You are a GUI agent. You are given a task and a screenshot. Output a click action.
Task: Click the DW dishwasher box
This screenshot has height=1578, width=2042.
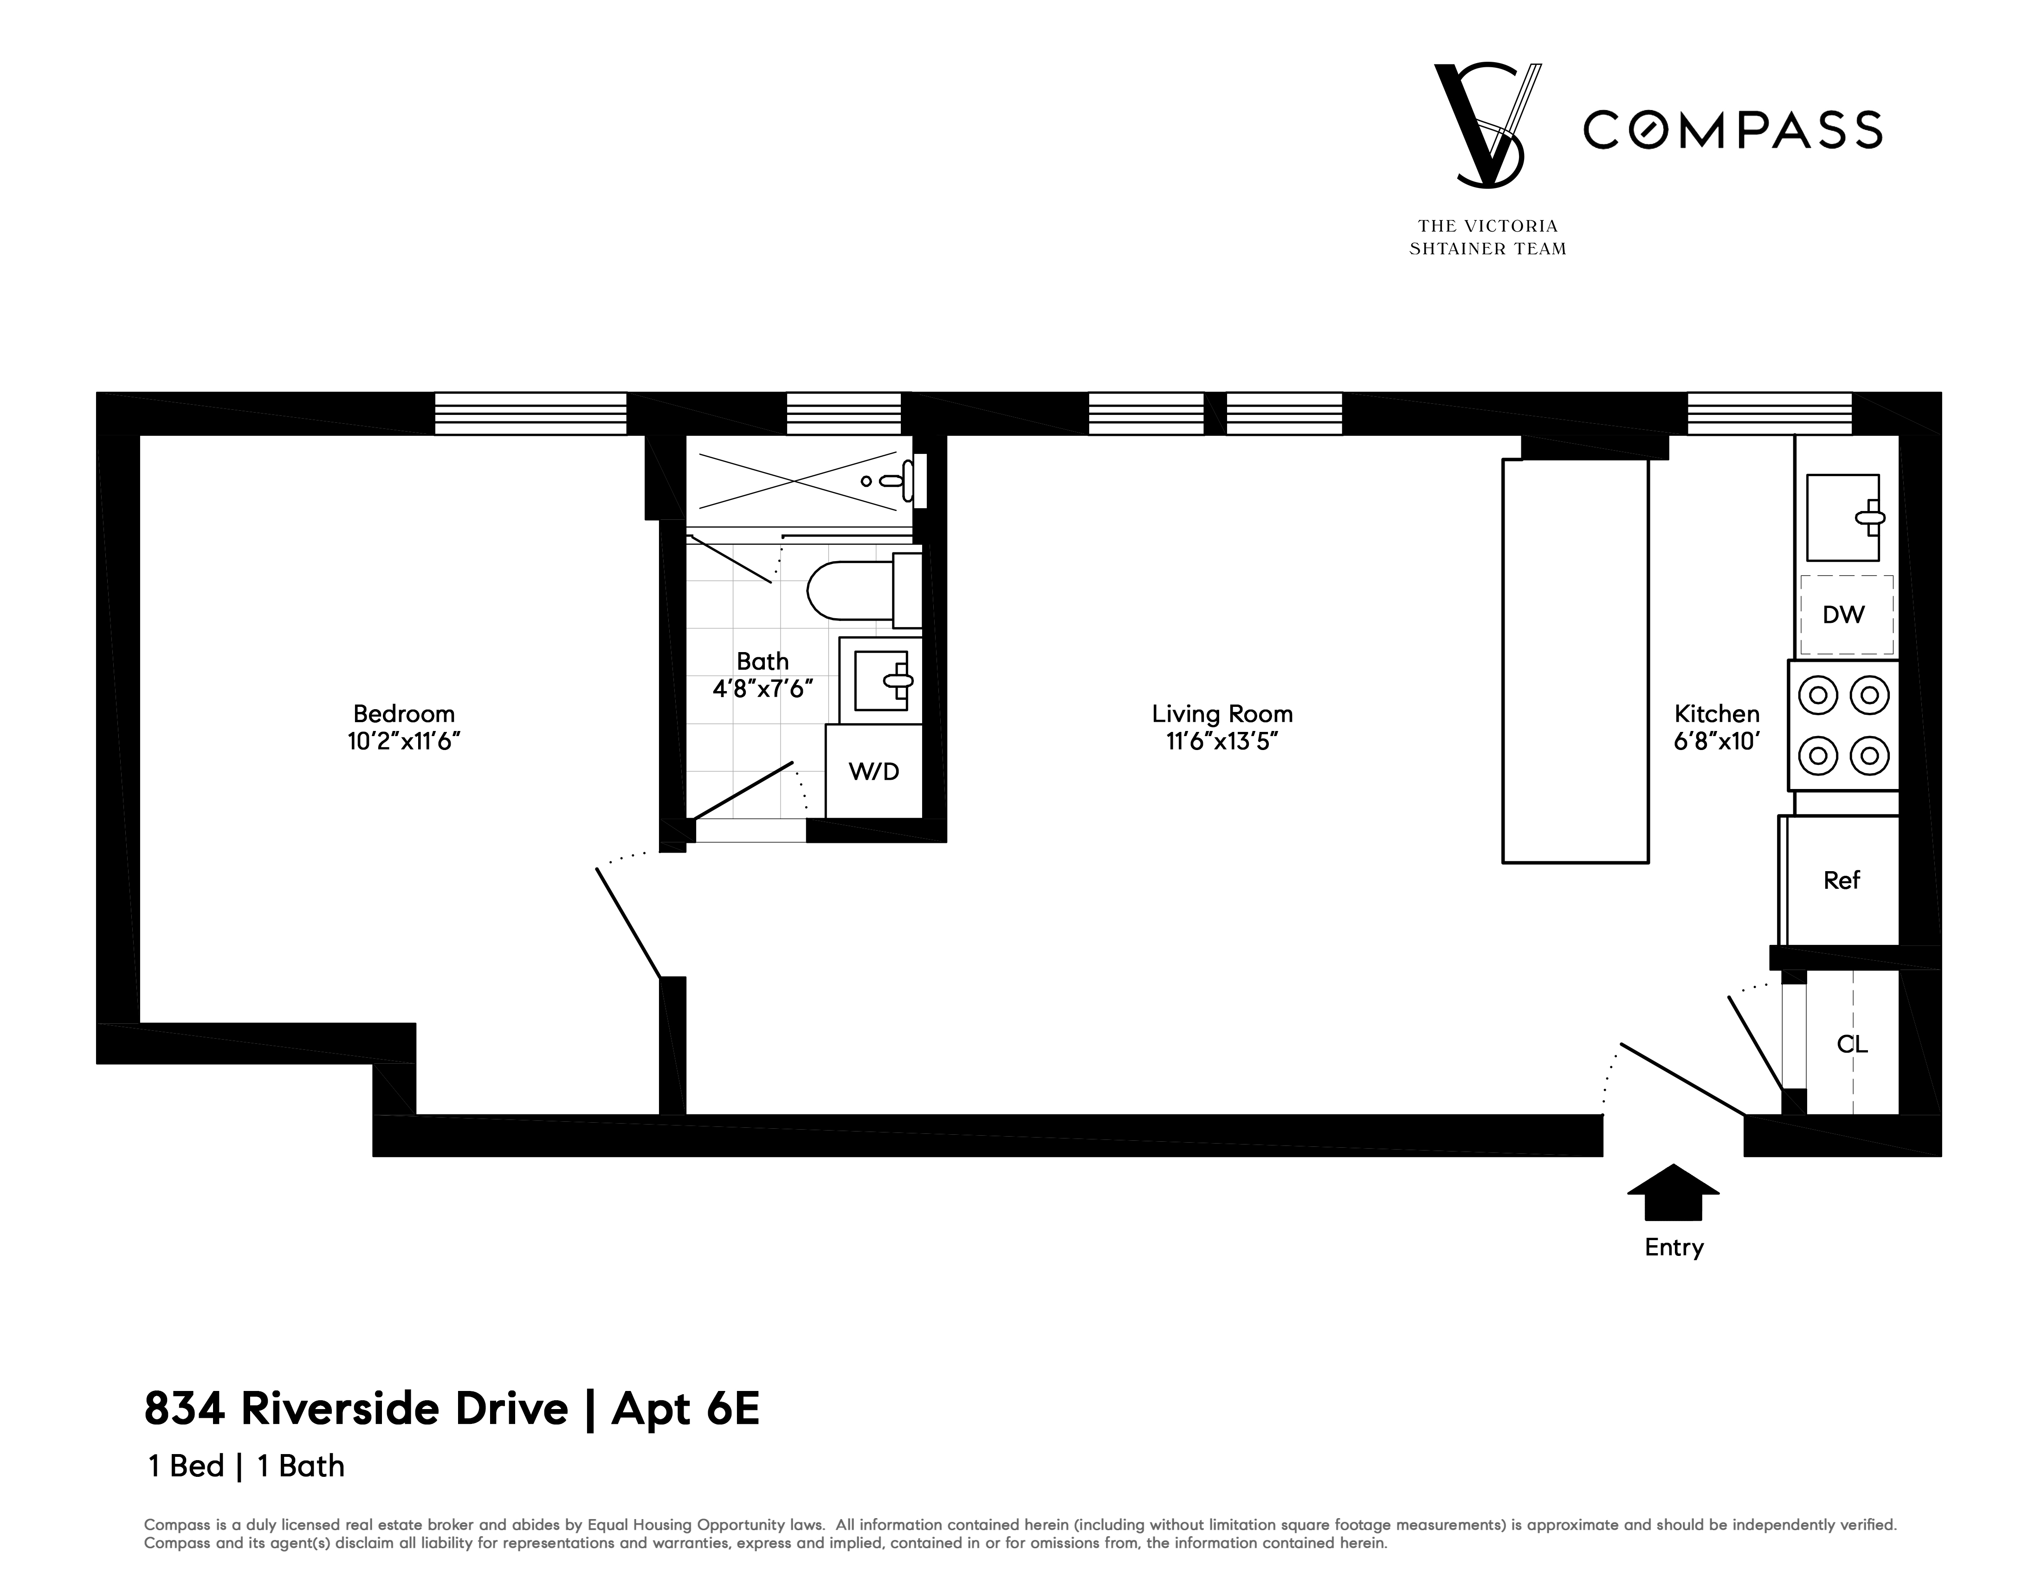[1844, 614]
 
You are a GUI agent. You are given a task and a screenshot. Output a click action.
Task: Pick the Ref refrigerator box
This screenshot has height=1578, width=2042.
[1841, 880]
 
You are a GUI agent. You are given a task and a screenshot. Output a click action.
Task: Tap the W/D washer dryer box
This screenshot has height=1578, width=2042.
[873, 771]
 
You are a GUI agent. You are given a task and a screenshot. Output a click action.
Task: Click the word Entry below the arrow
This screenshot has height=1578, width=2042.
[1674, 1247]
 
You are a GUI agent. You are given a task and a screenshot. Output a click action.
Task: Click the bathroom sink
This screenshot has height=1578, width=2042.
[881, 680]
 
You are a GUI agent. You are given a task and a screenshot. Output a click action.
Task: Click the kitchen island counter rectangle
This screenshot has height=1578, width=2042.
[1575, 660]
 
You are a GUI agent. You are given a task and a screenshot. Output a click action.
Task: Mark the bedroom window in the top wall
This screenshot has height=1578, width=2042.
[530, 413]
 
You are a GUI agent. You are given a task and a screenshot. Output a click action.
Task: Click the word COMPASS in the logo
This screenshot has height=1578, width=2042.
[1732, 130]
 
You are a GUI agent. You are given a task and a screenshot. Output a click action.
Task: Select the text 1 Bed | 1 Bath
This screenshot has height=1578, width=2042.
[246, 1466]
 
